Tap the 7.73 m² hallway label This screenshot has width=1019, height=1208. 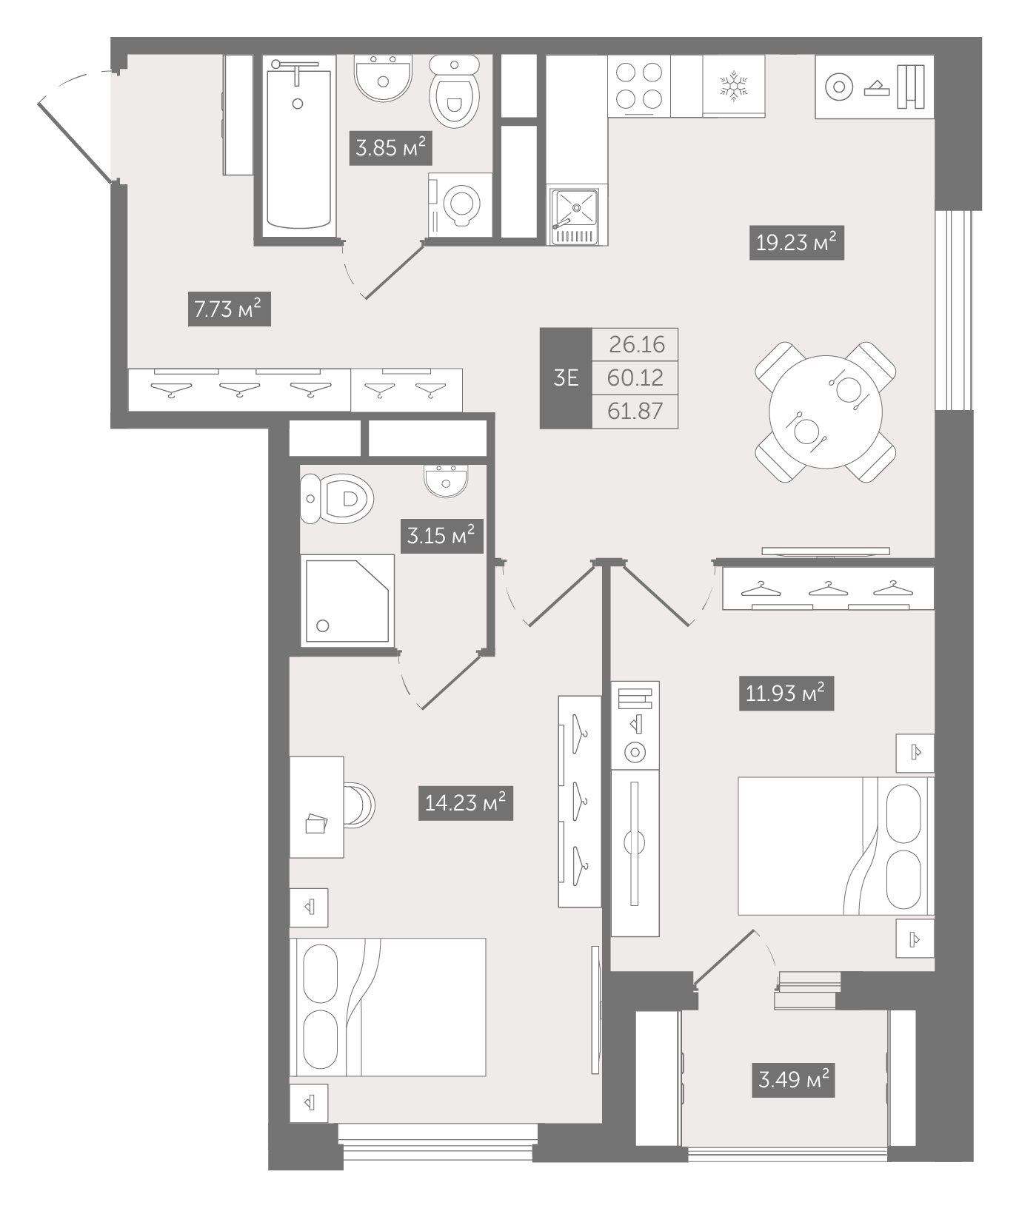point(229,309)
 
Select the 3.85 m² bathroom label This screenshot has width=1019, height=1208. point(390,148)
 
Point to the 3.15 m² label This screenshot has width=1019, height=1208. point(442,535)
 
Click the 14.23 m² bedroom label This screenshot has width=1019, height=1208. point(466,802)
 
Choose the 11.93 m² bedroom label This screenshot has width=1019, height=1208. point(786,694)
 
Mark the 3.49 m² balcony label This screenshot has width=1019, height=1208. point(793,1080)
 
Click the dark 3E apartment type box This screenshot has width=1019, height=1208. point(566,378)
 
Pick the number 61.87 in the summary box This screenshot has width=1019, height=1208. point(635,411)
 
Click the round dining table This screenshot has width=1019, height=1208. point(826,412)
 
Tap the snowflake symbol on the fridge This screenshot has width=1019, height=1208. point(734,86)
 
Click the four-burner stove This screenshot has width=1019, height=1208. point(639,86)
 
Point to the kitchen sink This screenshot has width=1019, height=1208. point(575,215)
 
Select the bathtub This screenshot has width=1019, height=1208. point(297,146)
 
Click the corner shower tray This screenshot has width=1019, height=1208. point(347,600)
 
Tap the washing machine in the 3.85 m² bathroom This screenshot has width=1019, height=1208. point(460,205)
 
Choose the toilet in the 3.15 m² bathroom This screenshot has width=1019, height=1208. point(338,498)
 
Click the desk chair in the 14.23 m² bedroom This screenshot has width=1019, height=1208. point(359,805)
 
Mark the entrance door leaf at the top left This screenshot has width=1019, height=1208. point(76,142)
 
